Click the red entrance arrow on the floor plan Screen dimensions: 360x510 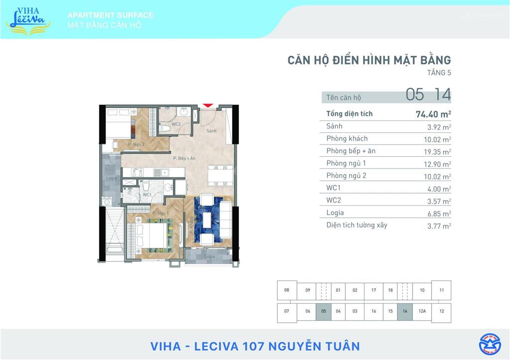point(208,105)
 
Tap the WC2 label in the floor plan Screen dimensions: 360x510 point(176,124)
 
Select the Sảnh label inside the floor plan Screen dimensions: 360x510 point(211,130)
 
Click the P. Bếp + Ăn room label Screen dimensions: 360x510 point(184,158)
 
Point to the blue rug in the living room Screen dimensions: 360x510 point(208,220)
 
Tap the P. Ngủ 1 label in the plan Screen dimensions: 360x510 point(161,213)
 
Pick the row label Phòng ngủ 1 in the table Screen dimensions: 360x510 point(346,163)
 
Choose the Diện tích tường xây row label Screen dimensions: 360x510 point(357,225)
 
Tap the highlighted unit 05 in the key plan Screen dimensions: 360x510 point(324,311)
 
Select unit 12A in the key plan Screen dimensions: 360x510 point(422,311)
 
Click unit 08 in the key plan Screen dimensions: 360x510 point(286,290)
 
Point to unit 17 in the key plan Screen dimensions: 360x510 point(374,290)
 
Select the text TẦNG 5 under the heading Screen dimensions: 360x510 point(439,73)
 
